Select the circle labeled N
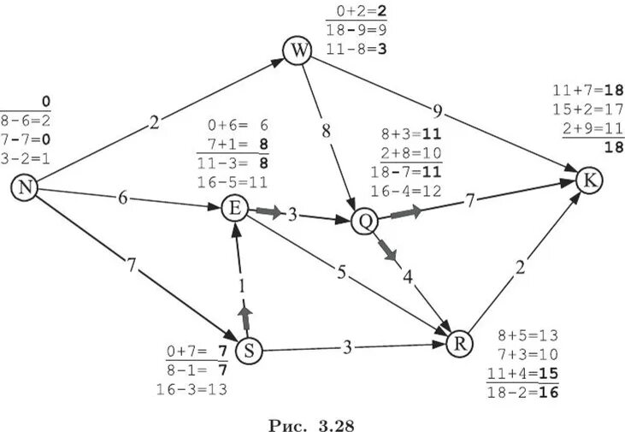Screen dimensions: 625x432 click(x=25, y=189)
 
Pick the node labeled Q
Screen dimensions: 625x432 click(x=365, y=221)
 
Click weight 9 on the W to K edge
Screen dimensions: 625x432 click(x=438, y=109)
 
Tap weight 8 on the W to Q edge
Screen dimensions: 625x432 click(x=326, y=131)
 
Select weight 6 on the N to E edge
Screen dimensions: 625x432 click(x=123, y=198)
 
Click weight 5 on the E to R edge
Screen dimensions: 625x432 click(x=340, y=274)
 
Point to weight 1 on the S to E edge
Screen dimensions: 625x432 click(x=242, y=286)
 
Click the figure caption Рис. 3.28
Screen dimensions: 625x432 click(x=312, y=421)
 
